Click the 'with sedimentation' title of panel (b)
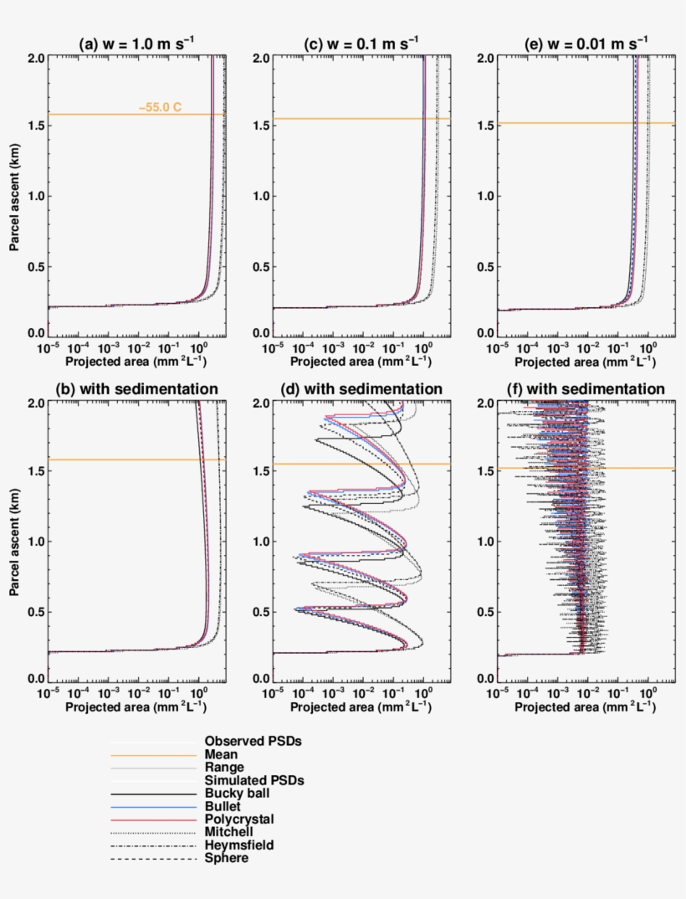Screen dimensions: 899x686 136,389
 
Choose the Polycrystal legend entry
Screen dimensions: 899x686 238,819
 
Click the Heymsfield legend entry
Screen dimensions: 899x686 238,845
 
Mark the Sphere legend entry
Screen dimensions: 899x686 226,858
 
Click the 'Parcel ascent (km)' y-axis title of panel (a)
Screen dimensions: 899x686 14,196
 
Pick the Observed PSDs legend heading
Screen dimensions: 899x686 253,742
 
